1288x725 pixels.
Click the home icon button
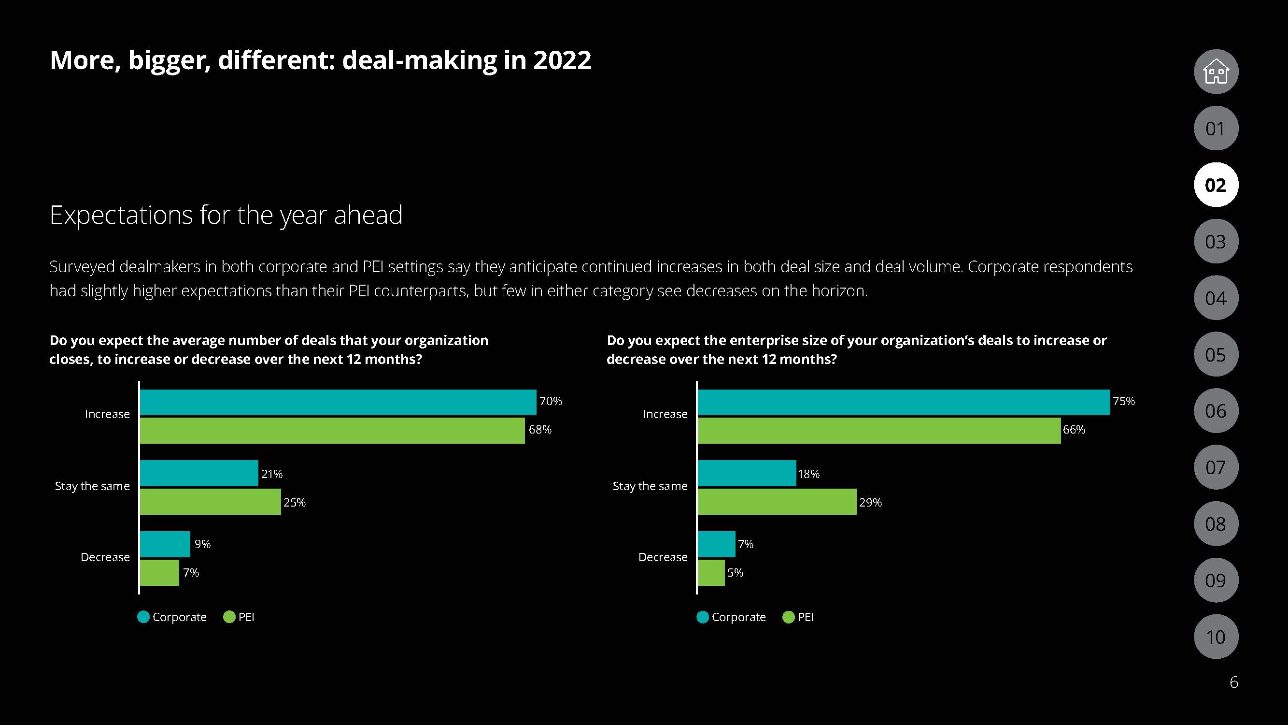pyautogui.click(x=1216, y=72)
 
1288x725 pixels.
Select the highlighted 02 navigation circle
pyautogui.click(x=1216, y=185)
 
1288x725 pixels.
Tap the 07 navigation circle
pyautogui.click(x=1216, y=467)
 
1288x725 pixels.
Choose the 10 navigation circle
pyautogui.click(x=1216, y=637)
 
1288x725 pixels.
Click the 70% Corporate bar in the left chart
pyautogui.click(x=338, y=402)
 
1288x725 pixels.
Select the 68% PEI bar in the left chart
pyautogui.click(x=332, y=430)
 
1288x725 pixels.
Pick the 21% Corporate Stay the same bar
pyautogui.click(x=199, y=473)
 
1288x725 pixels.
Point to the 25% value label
pyautogui.click(x=295, y=502)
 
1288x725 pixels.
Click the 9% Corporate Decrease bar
pyautogui.click(x=165, y=544)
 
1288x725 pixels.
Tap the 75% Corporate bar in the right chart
pyautogui.click(x=904, y=402)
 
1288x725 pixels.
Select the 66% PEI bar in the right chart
pyautogui.click(x=878, y=430)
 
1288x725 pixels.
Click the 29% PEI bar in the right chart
pyautogui.click(x=777, y=502)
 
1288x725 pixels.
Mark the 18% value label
pyautogui.click(x=808, y=474)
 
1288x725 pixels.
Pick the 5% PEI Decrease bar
pyautogui.click(x=711, y=572)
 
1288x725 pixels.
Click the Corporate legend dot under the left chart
pyautogui.click(x=143, y=617)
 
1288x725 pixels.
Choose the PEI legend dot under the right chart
pyautogui.click(x=789, y=617)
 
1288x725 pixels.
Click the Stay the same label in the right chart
pyautogui.click(x=650, y=486)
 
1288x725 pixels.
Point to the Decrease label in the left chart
pyautogui.click(x=105, y=557)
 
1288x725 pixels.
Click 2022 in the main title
pyautogui.click(x=562, y=60)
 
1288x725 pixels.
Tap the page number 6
pyautogui.click(x=1233, y=682)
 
